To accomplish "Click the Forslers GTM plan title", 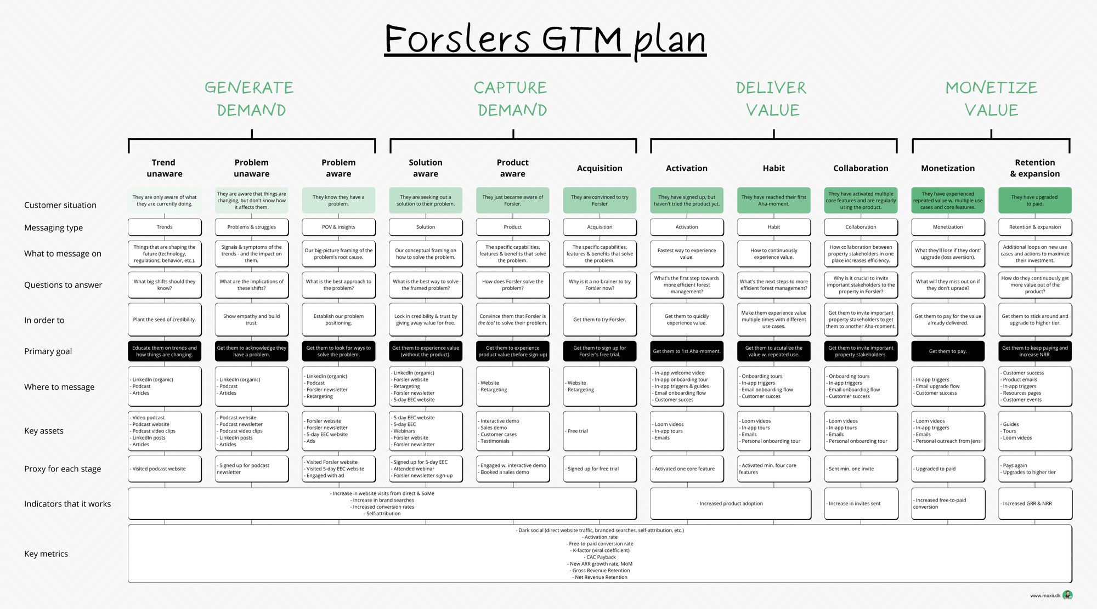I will [x=545, y=39].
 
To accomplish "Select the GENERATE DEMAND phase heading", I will [x=250, y=99].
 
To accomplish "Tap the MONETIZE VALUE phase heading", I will [x=991, y=99].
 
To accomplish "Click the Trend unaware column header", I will [x=164, y=168].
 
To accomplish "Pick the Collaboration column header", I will [x=861, y=168].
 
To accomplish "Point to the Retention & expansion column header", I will [x=1035, y=168].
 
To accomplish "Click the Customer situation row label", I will [x=60, y=205].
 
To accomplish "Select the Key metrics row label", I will [x=46, y=554].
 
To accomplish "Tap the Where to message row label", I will [x=59, y=387].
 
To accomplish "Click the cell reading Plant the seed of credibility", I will [x=165, y=320].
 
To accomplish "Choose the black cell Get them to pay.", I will [x=948, y=351].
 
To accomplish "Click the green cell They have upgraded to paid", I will [x=1035, y=201].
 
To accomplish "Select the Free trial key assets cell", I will [x=600, y=431].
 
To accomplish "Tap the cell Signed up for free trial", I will [x=600, y=469].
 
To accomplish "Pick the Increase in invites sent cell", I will [x=861, y=503].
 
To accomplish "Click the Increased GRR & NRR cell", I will [x=1035, y=503].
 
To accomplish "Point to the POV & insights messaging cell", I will [x=338, y=227].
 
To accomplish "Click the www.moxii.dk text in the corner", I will [x=1045, y=595].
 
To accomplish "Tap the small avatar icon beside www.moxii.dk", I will [x=1067, y=595].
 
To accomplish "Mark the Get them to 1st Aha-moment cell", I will [x=687, y=351].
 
